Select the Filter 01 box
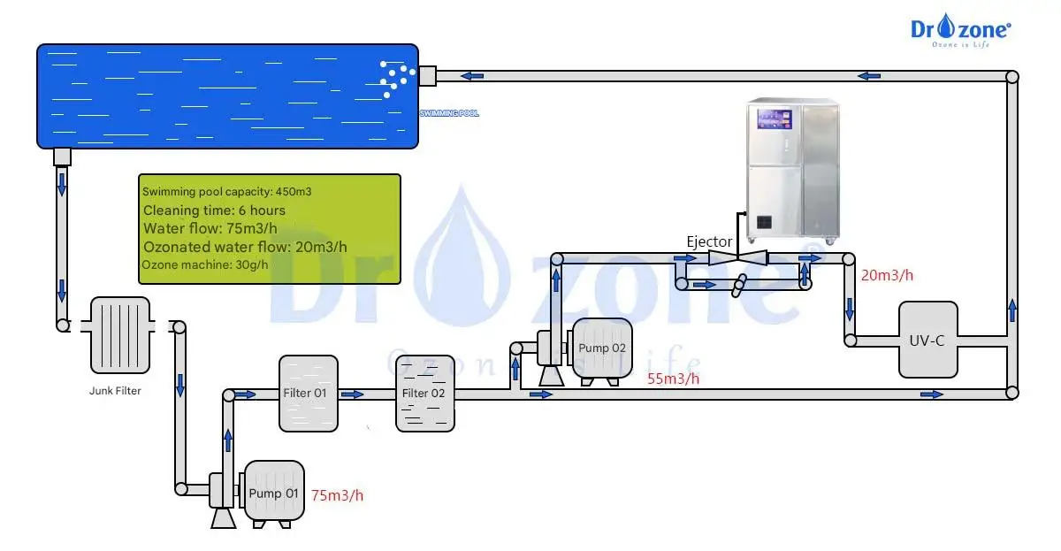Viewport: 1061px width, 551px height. pos(309,392)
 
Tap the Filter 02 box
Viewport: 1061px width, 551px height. pos(425,393)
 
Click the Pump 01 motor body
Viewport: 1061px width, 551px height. pos(274,490)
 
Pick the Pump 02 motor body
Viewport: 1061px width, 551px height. pos(601,347)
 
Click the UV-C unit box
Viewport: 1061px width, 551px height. pos(927,340)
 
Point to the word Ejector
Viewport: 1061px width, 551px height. pos(709,241)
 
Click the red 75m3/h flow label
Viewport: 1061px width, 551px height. pos(337,495)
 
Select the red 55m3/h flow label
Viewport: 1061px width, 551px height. pos(674,379)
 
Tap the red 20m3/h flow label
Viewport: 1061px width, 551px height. pos(887,275)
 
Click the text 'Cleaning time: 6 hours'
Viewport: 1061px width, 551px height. pos(214,210)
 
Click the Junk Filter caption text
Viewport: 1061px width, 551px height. pos(115,389)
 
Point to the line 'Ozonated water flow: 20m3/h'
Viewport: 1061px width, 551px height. pos(244,247)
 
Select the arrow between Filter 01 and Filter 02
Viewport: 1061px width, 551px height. pos(353,394)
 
